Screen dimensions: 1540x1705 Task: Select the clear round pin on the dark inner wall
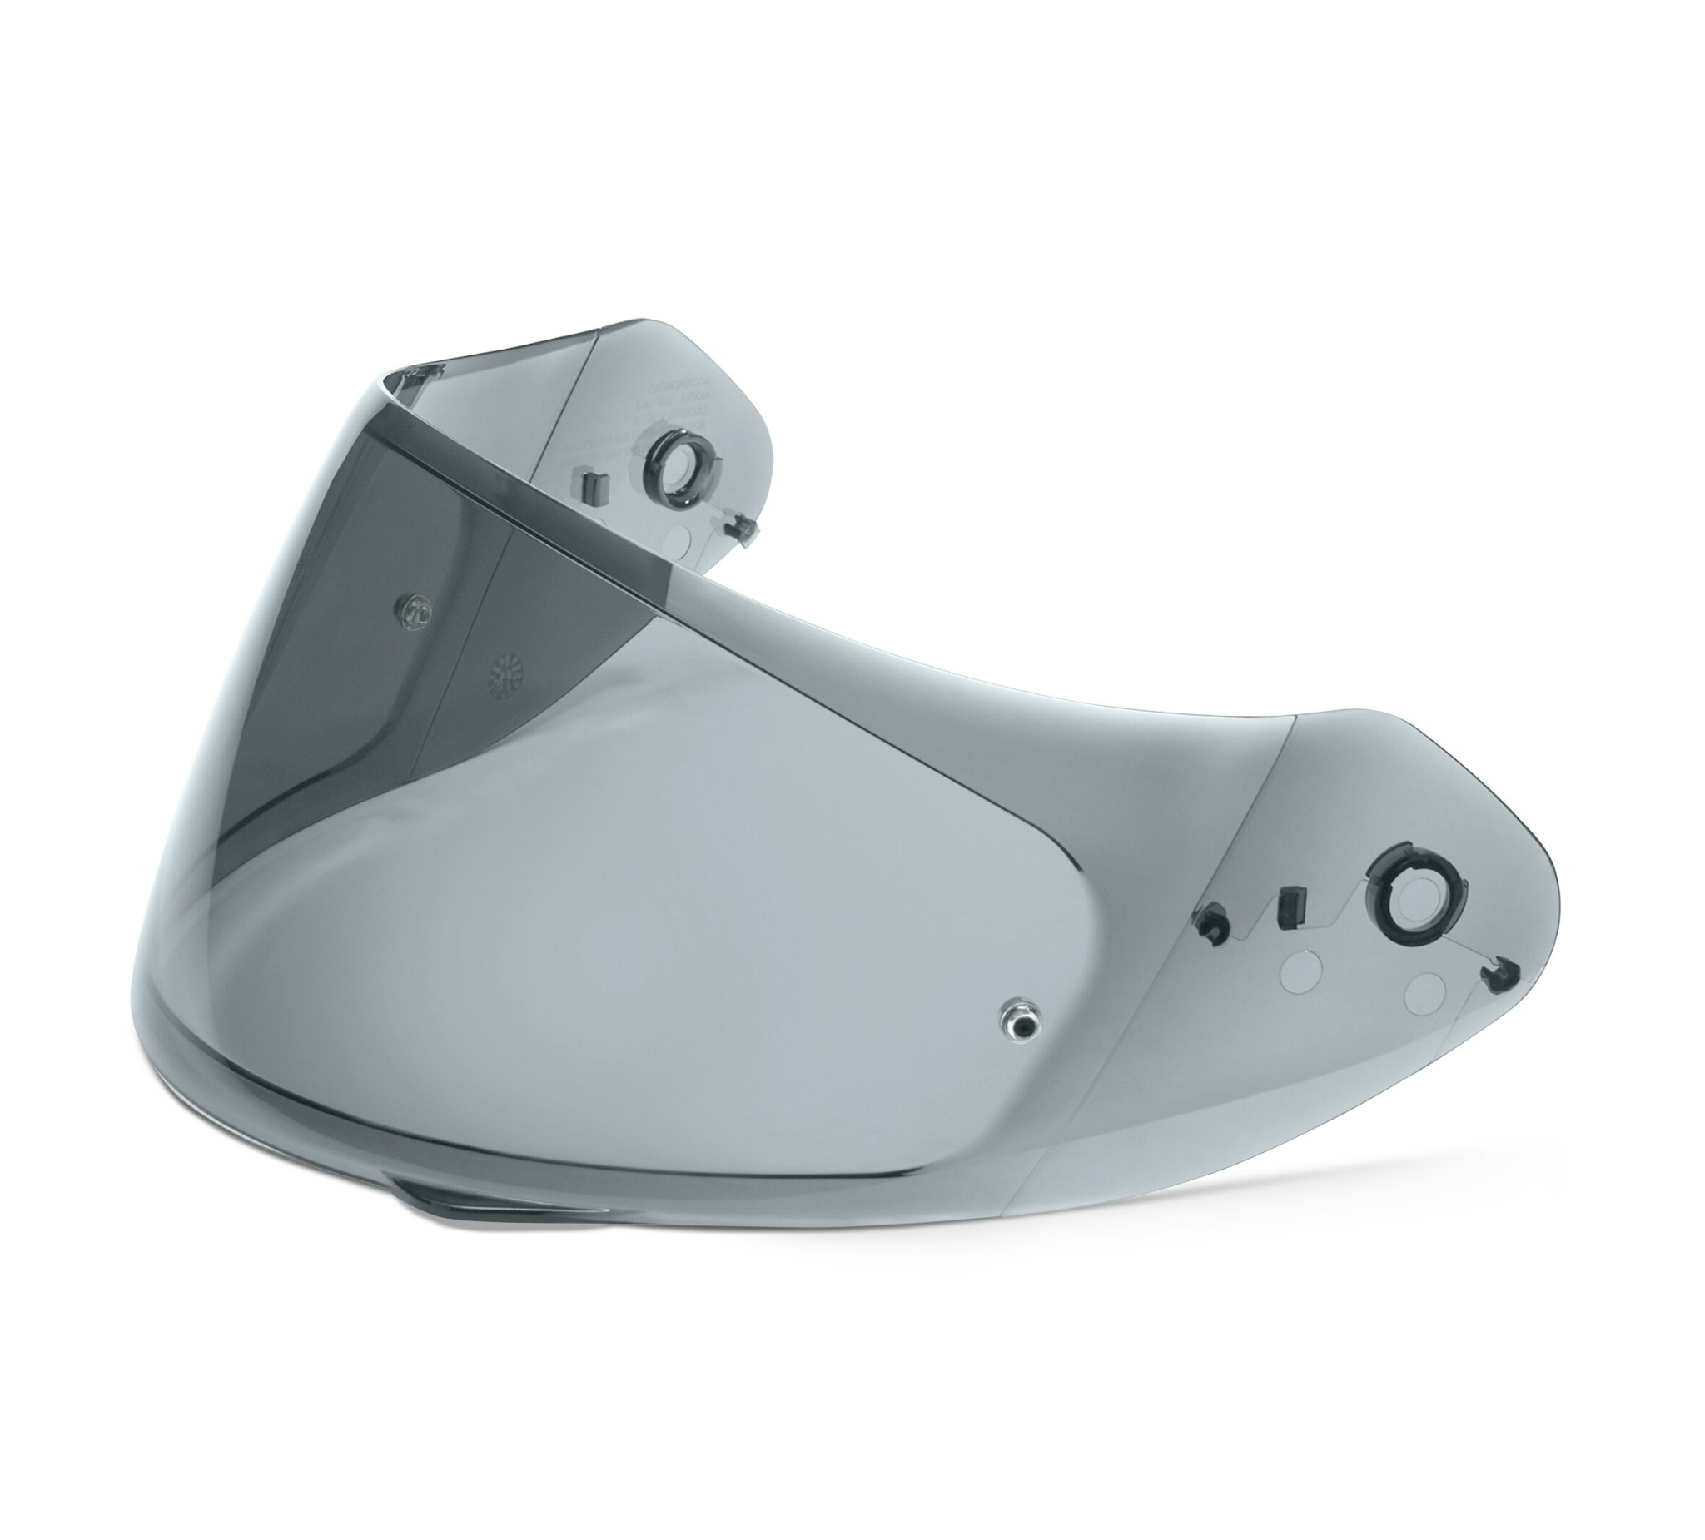pos(414,607)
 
